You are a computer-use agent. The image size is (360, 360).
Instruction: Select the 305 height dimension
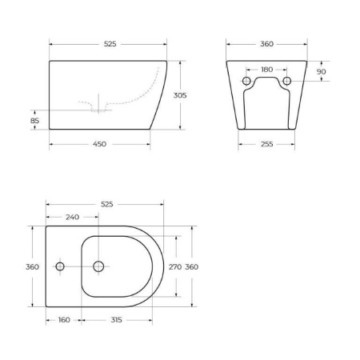tap(181, 94)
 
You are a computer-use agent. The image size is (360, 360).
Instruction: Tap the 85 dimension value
tap(34, 122)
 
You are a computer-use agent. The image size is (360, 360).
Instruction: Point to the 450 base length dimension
tap(98, 145)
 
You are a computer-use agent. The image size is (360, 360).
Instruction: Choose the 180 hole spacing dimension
tap(266, 70)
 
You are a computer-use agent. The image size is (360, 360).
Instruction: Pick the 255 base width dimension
tap(266, 145)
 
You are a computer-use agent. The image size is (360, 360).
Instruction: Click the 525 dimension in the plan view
tap(106, 205)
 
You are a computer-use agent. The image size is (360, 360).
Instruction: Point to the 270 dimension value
tap(176, 267)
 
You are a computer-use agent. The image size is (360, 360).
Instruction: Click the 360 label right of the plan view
tap(192, 267)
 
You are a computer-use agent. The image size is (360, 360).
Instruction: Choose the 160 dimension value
tap(64, 320)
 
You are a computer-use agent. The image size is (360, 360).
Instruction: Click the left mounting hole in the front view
tap(247, 82)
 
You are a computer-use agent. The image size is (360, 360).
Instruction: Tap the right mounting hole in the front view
tap(286, 82)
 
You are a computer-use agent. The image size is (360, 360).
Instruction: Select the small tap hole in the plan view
tap(59, 267)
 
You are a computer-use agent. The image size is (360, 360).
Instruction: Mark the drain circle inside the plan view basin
tap(98, 267)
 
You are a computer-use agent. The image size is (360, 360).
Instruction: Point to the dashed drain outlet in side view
tap(98, 106)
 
